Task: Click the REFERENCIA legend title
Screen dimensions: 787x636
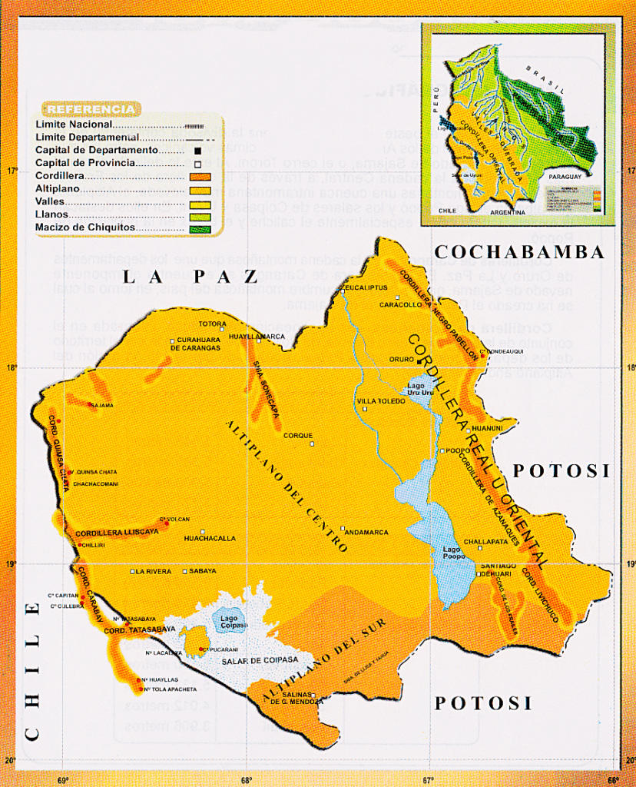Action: click(x=91, y=109)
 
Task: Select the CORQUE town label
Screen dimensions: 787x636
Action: click(x=298, y=436)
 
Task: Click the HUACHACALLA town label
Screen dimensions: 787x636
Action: click(x=210, y=539)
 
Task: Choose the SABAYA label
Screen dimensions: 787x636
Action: click(x=204, y=571)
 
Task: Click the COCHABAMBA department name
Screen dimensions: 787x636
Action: click(x=519, y=252)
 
